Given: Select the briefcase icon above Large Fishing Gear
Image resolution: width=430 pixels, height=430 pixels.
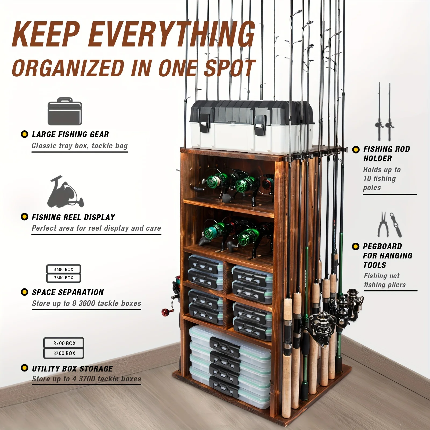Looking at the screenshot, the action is pos(65,111).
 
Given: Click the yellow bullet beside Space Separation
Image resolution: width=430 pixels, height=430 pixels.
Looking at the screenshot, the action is pos(24,292).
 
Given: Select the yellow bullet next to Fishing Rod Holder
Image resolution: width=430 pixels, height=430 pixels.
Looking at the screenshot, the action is pos(356,150).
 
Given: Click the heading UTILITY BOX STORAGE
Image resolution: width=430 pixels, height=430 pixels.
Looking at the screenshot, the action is pos(72,369).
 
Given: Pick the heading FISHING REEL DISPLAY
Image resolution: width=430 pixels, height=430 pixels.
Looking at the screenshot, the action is pos(73,217).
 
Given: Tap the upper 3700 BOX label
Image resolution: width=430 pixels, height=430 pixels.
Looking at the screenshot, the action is pos(64,343).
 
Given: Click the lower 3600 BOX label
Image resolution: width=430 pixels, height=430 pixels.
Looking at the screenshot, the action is pos(63,278).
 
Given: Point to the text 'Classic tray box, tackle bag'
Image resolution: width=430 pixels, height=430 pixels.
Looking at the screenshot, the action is pos(80,146).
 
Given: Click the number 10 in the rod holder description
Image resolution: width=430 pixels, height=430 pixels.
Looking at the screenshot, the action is pos(367,179).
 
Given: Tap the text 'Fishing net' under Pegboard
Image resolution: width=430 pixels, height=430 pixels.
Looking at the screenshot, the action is pos(382,276).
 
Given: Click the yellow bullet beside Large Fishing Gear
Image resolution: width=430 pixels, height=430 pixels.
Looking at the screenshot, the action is pos(24,134).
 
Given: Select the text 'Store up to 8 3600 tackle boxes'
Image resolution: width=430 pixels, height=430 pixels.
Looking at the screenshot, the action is pos(86,303).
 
